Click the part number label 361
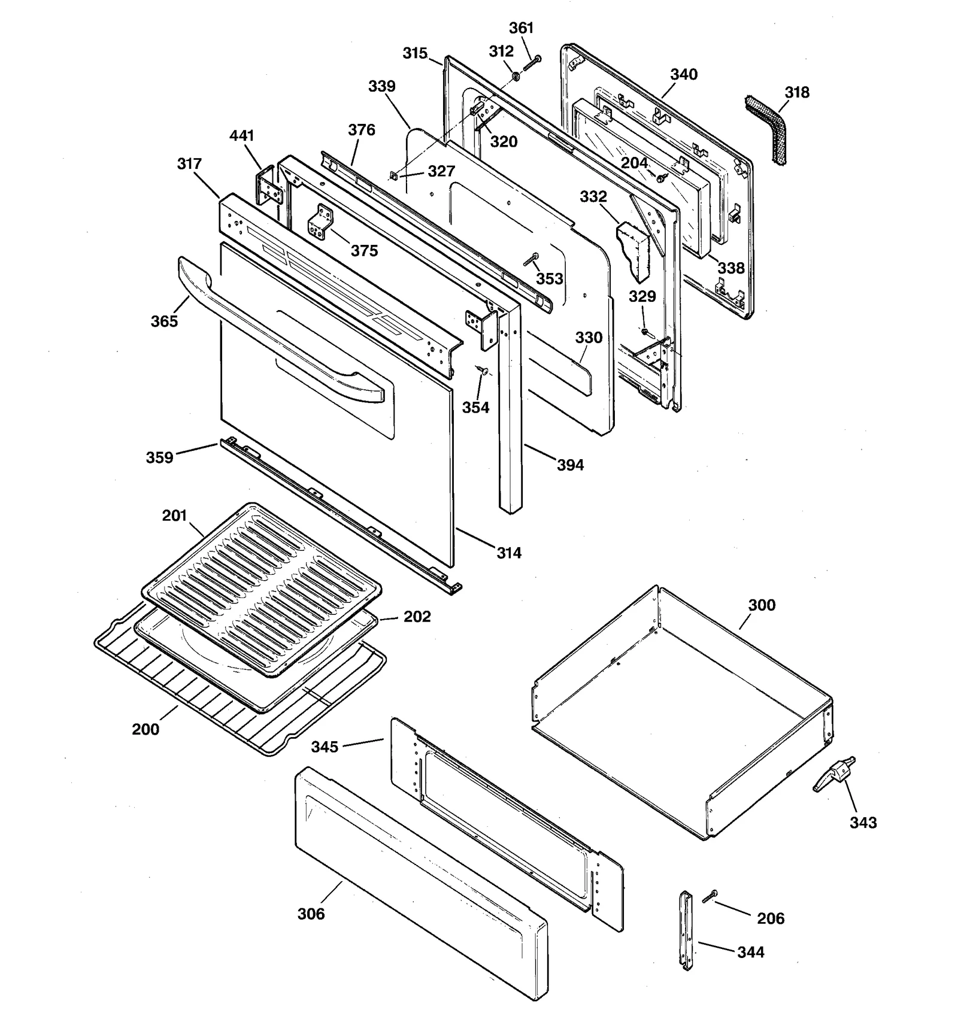521,28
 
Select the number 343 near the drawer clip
863,823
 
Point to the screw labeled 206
711,897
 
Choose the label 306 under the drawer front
311,914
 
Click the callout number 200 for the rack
145,729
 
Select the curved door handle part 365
281,329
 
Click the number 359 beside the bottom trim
159,457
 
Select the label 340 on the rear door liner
683,75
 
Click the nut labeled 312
514,76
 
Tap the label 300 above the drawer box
762,605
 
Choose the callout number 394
570,465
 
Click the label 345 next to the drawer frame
325,747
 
